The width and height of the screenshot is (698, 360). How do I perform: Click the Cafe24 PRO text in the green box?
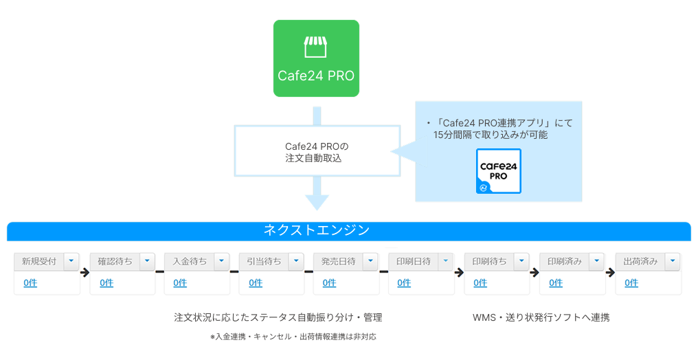tap(316, 76)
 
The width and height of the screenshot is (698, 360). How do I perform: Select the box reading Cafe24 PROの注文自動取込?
tap(317, 151)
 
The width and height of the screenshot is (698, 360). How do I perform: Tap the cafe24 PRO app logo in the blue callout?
tap(499, 171)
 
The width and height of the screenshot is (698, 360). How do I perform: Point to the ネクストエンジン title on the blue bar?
tap(317, 230)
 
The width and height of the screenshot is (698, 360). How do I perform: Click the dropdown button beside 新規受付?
tap(71, 261)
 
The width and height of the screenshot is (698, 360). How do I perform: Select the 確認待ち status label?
tap(115, 262)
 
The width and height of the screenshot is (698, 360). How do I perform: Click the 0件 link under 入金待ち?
tap(180, 282)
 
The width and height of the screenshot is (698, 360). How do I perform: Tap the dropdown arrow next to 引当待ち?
tap(296, 261)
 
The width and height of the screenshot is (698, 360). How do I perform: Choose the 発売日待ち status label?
tap(338, 262)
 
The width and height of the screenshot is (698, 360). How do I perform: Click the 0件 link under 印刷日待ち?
tap(404, 282)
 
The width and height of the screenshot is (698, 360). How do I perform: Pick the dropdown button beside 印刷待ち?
tap(521, 261)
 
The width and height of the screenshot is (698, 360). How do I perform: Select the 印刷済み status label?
tap(565, 262)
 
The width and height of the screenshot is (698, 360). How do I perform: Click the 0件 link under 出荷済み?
tap(631, 282)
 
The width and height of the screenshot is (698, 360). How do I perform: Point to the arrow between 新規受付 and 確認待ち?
tap(85, 272)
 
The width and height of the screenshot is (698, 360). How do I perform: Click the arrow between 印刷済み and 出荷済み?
tap(610, 272)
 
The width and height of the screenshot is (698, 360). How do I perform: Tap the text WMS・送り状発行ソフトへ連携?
tap(541, 317)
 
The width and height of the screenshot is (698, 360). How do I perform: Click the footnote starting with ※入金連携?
tap(293, 337)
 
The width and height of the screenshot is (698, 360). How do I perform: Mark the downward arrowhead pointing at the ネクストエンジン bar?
tap(317, 203)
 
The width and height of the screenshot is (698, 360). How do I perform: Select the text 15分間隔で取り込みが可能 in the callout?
tap(490, 135)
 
